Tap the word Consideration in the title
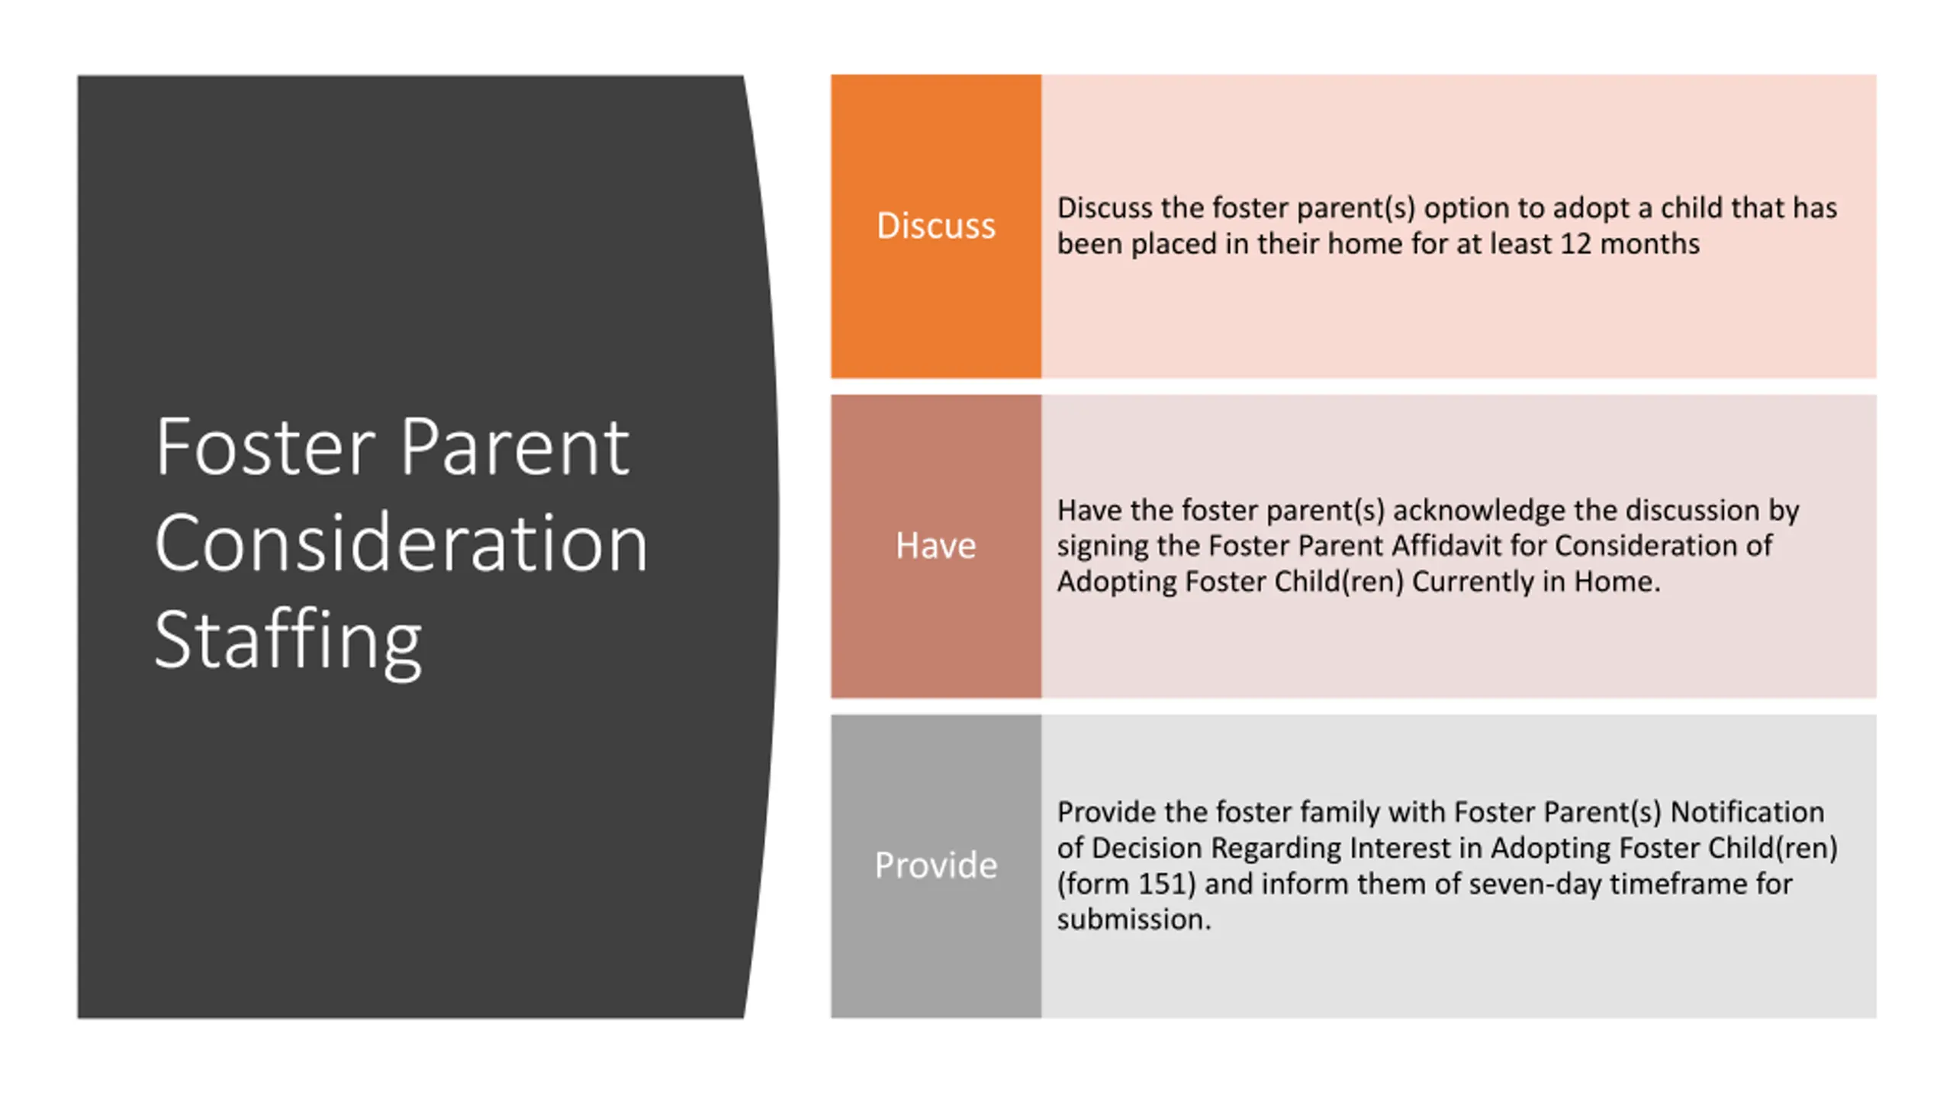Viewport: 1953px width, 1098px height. (x=401, y=542)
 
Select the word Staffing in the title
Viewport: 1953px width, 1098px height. (x=288, y=640)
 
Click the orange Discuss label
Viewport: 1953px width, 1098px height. (x=936, y=226)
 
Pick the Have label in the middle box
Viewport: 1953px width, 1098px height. (x=936, y=546)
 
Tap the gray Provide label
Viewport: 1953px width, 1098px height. (x=936, y=865)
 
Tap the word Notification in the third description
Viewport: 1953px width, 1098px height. (x=1748, y=813)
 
